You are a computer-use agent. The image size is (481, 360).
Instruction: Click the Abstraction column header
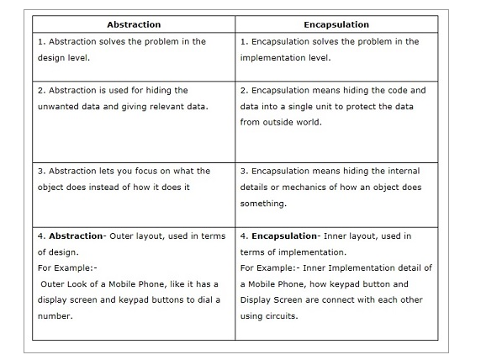[134, 24]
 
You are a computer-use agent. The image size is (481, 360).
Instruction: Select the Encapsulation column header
[336, 24]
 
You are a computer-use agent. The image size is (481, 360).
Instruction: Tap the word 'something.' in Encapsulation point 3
[263, 203]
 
